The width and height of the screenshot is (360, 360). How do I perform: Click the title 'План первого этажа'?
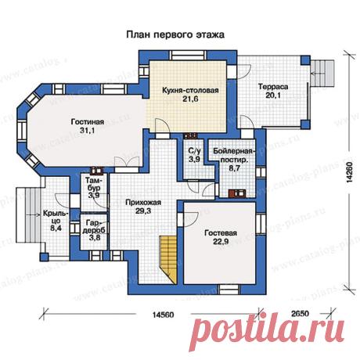(175, 35)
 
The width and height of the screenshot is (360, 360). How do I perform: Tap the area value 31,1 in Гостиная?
(88, 131)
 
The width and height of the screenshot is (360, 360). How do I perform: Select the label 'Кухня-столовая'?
(190, 91)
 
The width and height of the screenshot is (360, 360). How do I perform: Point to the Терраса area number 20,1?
(273, 95)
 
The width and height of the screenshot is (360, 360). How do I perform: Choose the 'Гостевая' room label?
(221, 233)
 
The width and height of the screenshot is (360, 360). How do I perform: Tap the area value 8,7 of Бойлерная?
(234, 168)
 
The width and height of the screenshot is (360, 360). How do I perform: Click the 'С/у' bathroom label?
(195, 150)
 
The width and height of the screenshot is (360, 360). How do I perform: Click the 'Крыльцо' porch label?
(56, 217)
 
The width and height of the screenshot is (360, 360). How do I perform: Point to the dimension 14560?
(163, 315)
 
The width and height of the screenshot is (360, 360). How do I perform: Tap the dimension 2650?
(300, 313)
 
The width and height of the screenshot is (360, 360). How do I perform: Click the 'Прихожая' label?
(143, 203)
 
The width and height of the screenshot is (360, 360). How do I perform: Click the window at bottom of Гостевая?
(229, 290)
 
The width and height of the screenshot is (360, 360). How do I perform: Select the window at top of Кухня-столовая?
(188, 56)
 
